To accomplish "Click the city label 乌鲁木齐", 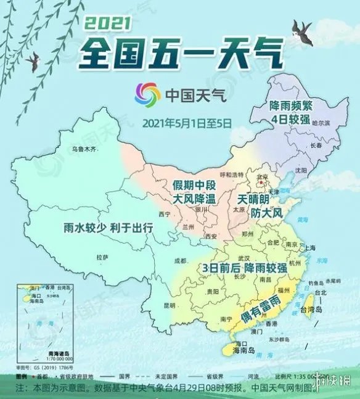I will (x=85, y=149).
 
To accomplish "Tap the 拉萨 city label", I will (x=102, y=257).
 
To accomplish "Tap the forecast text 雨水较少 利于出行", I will (x=108, y=228).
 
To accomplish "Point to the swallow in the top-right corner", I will (x=303, y=29).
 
